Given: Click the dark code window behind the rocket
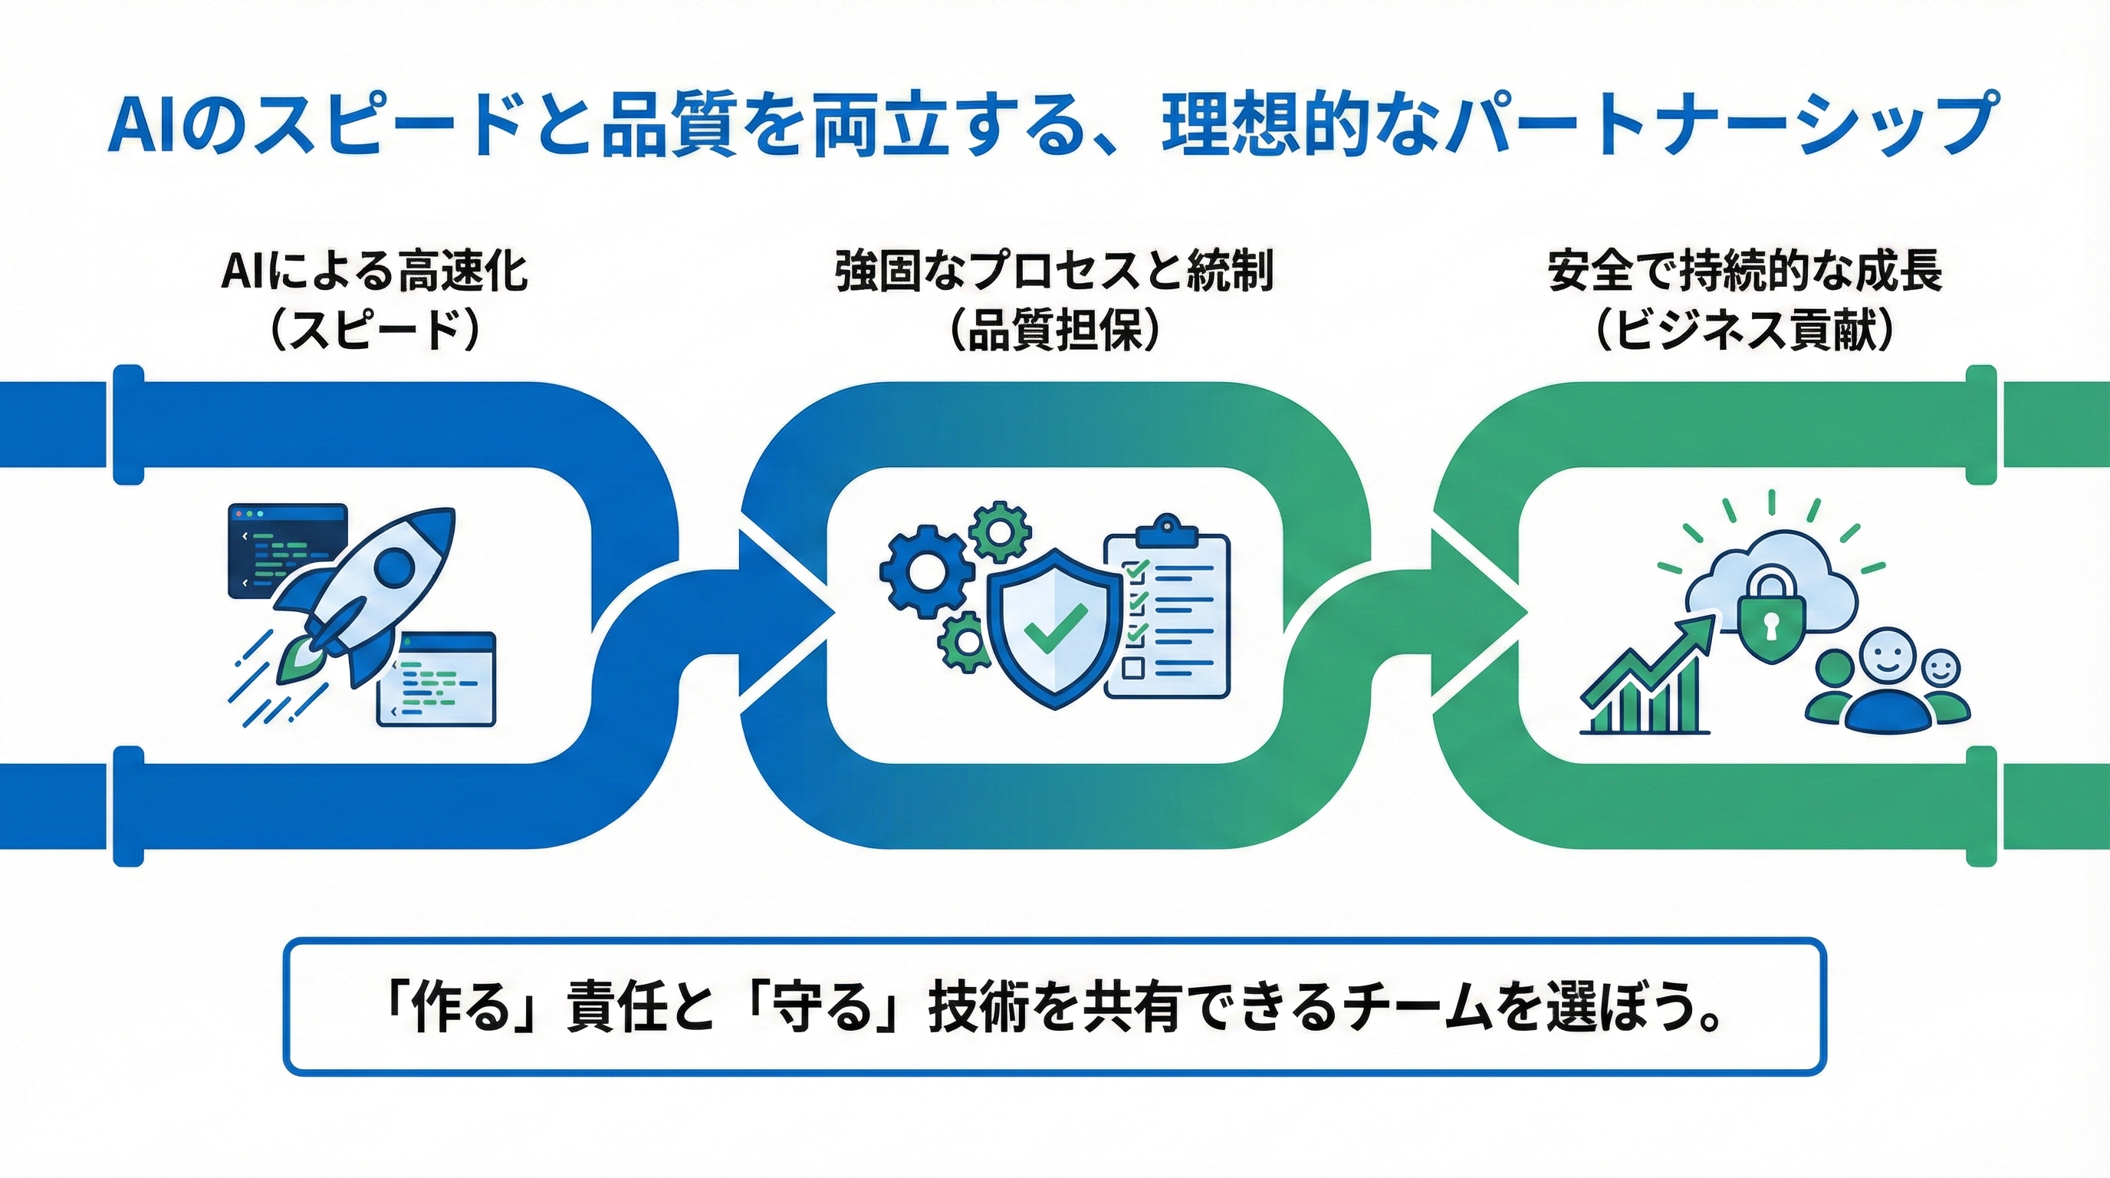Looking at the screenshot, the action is coord(287,551).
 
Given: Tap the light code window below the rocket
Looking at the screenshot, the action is coord(435,678).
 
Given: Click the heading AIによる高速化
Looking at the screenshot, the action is coord(374,273).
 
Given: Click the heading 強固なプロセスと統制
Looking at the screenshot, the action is coord(1055,273).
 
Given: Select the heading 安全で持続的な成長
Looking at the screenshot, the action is coord(1746,273).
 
